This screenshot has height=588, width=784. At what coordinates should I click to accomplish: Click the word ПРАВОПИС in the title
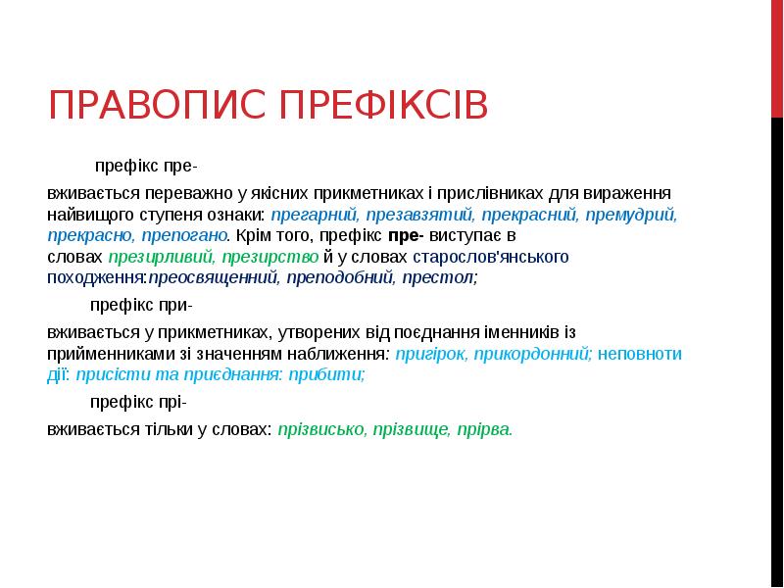(157, 105)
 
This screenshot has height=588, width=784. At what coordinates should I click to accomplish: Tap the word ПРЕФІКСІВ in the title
(383, 105)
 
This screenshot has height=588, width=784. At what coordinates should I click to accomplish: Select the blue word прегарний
(315, 215)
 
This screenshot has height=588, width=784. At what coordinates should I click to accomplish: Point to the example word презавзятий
(419, 215)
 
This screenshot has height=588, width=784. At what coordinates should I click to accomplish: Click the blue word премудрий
(631, 215)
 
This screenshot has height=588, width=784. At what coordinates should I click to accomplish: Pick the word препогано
(185, 235)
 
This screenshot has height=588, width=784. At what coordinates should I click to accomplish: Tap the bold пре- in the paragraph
(406, 235)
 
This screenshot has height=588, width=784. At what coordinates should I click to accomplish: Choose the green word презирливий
(162, 257)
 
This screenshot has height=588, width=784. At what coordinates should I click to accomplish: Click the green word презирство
(270, 257)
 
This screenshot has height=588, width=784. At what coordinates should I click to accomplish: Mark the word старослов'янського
(491, 257)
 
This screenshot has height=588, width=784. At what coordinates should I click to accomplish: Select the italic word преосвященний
(214, 277)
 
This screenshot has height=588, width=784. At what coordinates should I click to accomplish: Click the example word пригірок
(432, 354)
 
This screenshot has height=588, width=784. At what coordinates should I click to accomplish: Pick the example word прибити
(327, 374)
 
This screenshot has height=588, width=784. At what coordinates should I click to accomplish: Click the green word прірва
(484, 429)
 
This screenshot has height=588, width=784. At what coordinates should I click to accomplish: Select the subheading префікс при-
(141, 305)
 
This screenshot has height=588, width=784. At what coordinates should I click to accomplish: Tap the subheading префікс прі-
(138, 402)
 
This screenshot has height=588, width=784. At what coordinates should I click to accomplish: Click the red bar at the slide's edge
(777, 59)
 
